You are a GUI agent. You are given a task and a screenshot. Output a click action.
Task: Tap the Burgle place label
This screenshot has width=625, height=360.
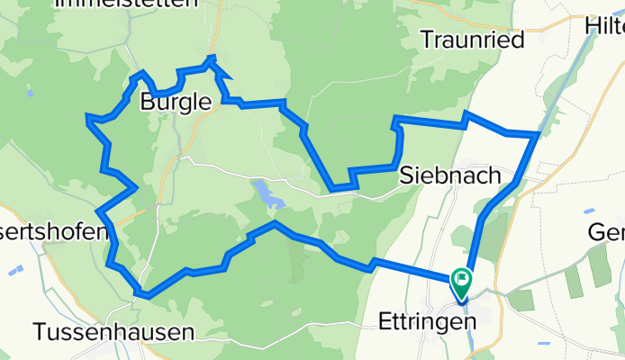[176, 103]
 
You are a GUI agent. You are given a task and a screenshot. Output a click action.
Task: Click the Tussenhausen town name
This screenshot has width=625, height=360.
[113, 332]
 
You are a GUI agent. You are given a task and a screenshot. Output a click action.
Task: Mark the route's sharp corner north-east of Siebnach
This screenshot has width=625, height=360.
[538, 135]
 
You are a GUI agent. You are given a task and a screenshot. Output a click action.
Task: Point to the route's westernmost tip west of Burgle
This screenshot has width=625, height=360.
[87, 117]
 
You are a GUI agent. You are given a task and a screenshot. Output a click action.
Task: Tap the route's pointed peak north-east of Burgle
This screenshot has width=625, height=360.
[212, 58]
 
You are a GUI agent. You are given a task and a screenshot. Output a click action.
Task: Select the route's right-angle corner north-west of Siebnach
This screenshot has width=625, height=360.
[394, 118]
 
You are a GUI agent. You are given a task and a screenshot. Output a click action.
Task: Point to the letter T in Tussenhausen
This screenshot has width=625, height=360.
[41, 332]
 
